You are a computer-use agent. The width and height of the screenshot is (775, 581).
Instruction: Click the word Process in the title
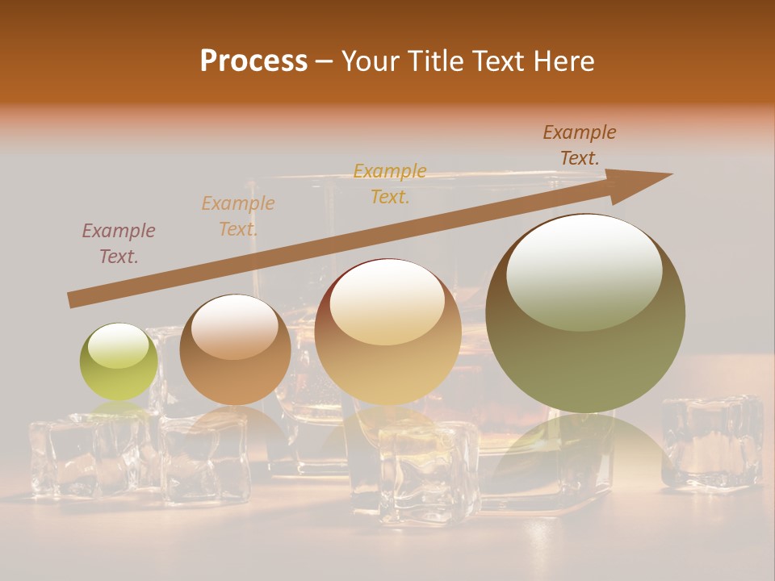coord(253,61)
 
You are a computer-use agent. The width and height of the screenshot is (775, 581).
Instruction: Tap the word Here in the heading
coord(564,61)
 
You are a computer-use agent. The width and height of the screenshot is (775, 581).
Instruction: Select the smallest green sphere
coord(119,362)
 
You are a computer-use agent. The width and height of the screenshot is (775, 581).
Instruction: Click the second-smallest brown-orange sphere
coord(235,349)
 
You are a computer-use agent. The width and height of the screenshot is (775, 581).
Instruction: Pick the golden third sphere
coord(387,332)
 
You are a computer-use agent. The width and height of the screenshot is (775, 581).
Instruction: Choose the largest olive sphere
coord(585,313)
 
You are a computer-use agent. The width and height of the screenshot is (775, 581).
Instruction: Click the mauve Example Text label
coord(119,244)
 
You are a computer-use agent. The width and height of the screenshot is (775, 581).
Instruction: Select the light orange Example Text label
coord(238,216)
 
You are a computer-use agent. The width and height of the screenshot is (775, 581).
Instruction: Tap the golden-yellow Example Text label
coord(390,184)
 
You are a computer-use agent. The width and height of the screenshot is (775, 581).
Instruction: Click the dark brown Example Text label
coord(580,145)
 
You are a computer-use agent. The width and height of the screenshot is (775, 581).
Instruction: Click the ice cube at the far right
coord(711,442)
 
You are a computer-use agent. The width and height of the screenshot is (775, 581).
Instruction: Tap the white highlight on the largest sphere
coord(584,271)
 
